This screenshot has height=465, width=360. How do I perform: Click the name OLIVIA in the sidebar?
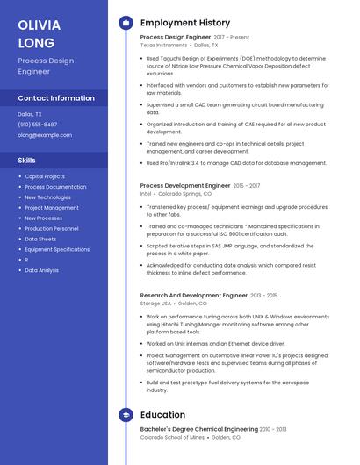pyautogui.click(x=39, y=25)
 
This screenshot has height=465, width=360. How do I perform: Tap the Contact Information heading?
pyautogui.click(x=56, y=98)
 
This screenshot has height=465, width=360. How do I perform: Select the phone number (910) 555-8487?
pyautogui.click(x=38, y=125)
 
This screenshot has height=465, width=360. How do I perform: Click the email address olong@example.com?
pyautogui.click(x=45, y=135)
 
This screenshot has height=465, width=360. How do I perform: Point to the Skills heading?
pyautogui.click(x=27, y=161)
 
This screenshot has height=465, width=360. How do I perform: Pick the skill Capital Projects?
pyautogui.click(x=45, y=176)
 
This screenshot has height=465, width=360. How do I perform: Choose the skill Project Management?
pyautogui.click(x=52, y=208)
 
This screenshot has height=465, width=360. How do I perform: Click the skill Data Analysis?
pyautogui.click(x=42, y=270)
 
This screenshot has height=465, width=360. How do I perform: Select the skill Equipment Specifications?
pyautogui.click(x=57, y=249)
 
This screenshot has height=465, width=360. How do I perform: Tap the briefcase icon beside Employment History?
pyautogui.click(x=126, y=23)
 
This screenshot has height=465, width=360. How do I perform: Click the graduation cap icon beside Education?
pyautogui.click(x=126, y=414)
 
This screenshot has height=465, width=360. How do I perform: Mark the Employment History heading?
pyautogui.click(x=185, y=23)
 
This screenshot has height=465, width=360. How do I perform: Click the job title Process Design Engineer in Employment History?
pyautogui.click(x=176, y=38)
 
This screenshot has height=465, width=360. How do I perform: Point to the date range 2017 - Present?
pyautogui.click(x=232, y=38)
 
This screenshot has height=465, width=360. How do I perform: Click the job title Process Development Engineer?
pyautogui.click(x=185, y=186)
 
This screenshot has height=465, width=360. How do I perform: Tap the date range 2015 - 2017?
pyautogui.click(x=247, y=186)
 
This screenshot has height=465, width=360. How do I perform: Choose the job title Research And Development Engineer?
pyautogui.click(x=194, y=296)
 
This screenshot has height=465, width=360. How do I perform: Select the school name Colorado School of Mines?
pyautogui.click(x=172, y=437)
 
